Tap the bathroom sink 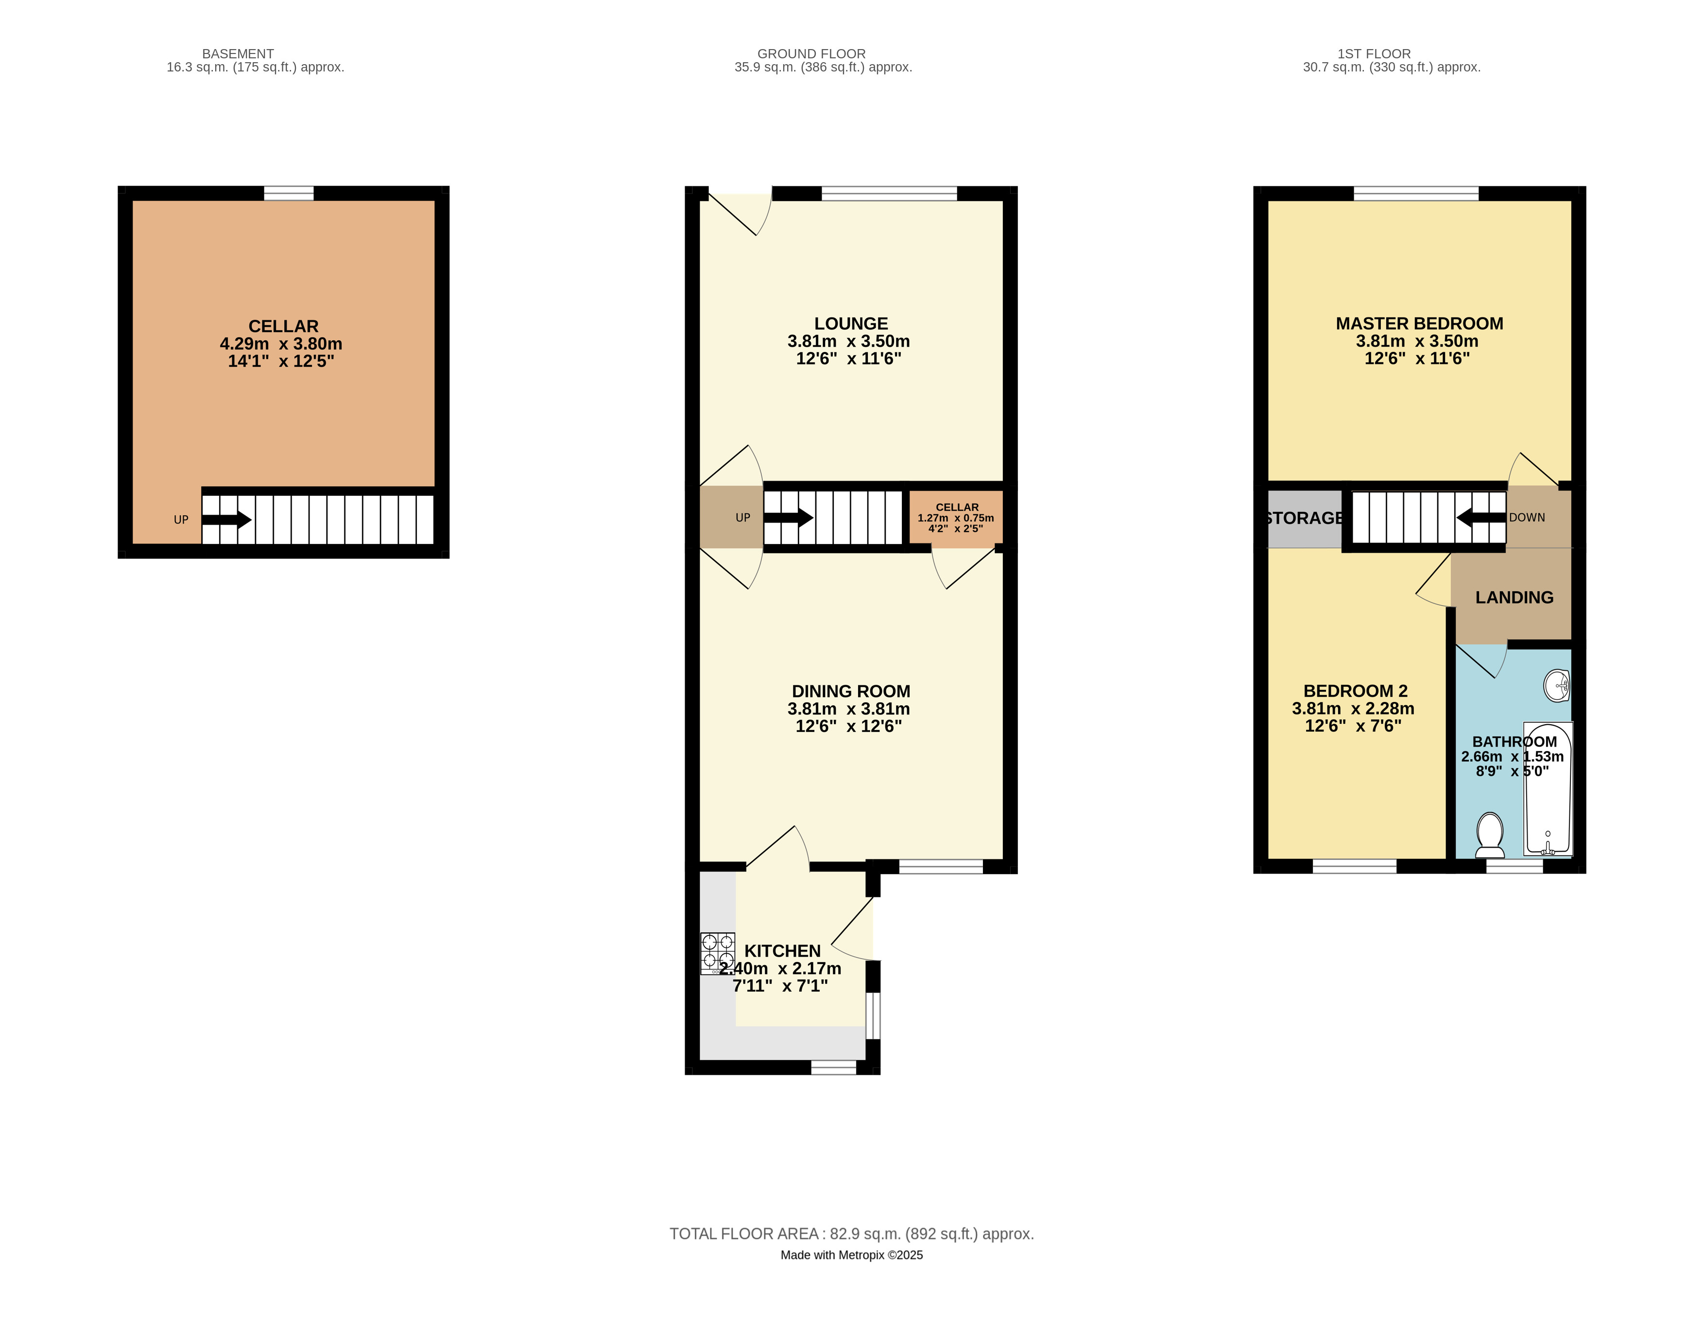click(x=1557, y=686)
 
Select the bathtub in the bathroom click(x=1548, y=788)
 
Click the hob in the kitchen click(x=717, y=953)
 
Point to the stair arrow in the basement click(x=227, y=519)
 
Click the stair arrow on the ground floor click(x=788, y=517)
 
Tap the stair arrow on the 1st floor click(x=1481, y=517)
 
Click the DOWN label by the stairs click(x=1527, y=517)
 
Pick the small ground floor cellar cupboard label click(x=957, y=517)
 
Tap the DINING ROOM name click(x=850, y=691)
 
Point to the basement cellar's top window click(x=289, y=193)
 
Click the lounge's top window click(x=890, y=193)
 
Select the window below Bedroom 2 click(x=1355, y=866)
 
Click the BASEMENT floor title click(x=238, y=54)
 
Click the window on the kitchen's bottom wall click(x=834, y=1067)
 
